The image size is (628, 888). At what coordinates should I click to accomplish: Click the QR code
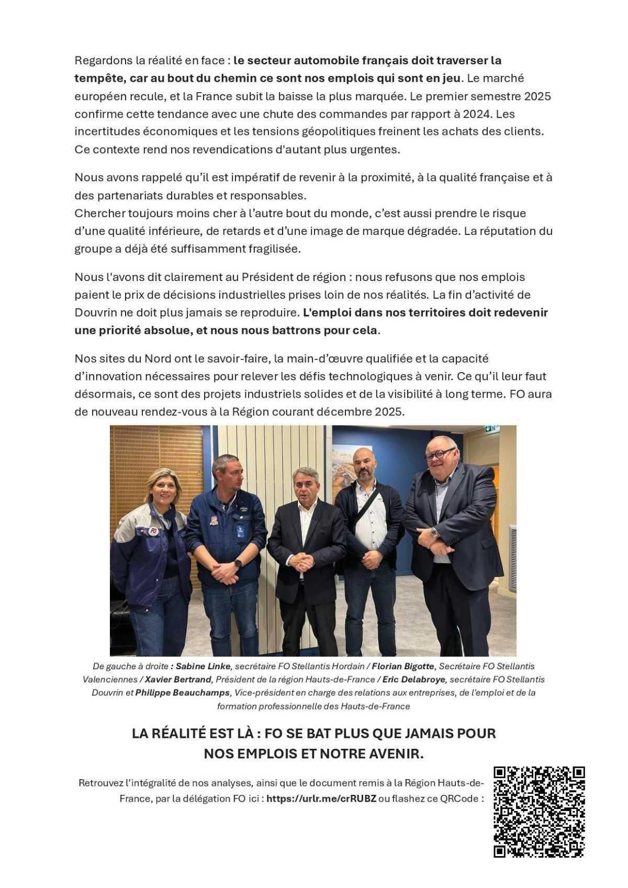539,812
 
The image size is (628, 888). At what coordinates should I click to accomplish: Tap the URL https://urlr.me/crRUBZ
321,799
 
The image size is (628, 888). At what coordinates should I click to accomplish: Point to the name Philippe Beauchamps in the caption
183,692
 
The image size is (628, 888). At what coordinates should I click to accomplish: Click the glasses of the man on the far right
440,453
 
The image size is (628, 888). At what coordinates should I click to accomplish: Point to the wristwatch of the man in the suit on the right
434,532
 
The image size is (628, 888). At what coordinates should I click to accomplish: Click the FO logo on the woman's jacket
153,531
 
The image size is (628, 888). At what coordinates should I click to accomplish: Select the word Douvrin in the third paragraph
93,312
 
